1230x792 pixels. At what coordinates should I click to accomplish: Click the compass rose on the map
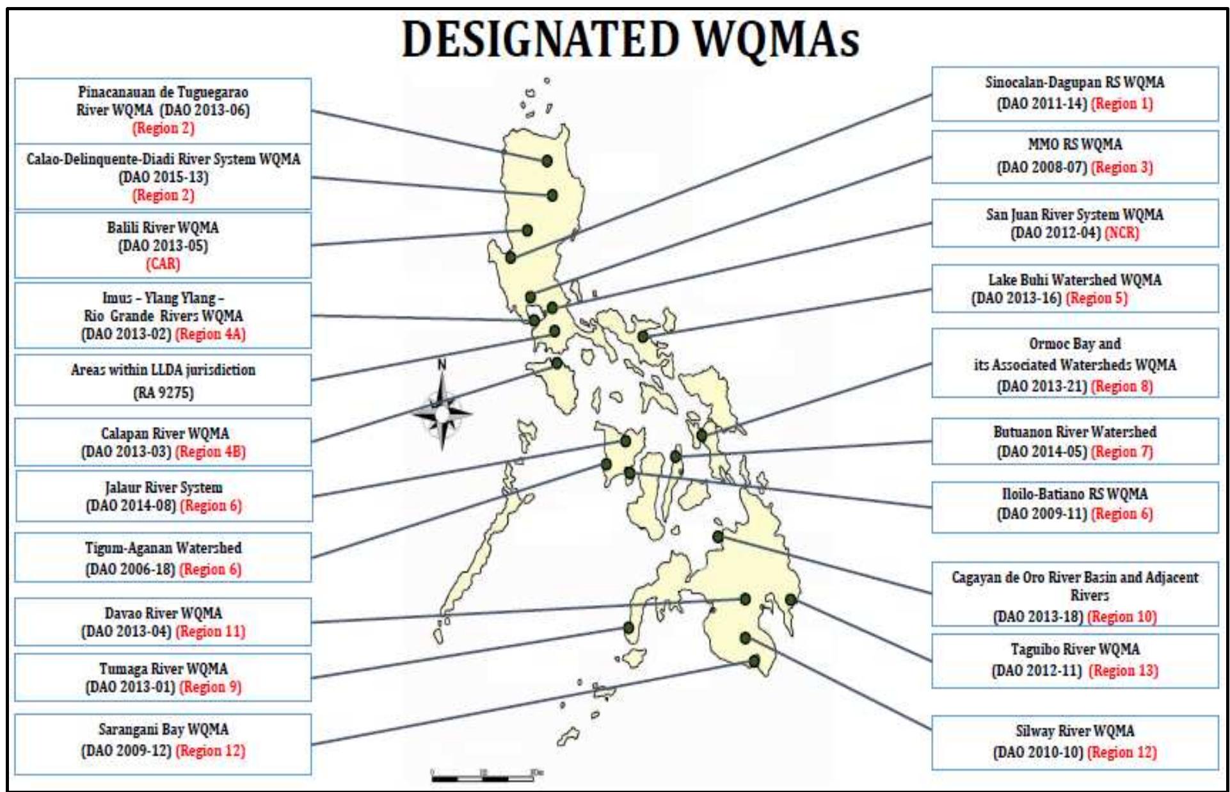pos(442,413)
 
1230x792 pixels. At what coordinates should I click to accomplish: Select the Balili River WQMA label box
pos(163,245)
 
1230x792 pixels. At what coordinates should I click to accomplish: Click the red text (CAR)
pos(163,264)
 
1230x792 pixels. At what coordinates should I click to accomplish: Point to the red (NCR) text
pos(1121,232)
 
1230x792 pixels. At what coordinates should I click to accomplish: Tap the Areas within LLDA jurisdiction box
pos(163,380)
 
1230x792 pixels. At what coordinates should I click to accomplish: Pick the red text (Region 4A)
pos(211,334)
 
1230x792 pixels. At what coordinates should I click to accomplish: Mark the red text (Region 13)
pos(1123,670)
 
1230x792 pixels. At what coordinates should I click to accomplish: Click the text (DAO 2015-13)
pos(163,177)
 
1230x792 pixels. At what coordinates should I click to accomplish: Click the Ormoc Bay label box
pos(1074,364)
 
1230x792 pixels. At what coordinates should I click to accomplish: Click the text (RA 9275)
pos(163,392)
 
